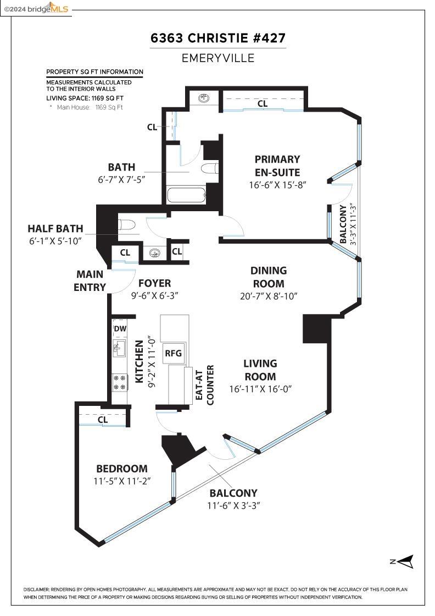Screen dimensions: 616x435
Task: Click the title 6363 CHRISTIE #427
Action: [x=218, y=38]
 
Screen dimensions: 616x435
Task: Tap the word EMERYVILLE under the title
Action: [x=218, y=58]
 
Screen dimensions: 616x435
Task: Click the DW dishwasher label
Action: [x=120, y=329]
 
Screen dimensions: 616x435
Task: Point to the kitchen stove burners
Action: [x=119, y=382]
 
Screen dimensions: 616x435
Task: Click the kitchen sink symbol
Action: [x=119, y=349]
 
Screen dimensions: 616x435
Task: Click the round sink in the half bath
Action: [x=155, y=253]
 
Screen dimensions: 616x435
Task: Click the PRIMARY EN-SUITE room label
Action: [x=277, y=165]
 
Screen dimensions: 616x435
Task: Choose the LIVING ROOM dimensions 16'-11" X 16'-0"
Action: [x=260, y=389]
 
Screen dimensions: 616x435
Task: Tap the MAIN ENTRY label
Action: [x=90, y=280]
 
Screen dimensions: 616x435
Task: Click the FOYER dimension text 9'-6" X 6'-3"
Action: [x=154, y=295]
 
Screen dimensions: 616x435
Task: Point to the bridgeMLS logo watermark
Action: [x=36, y=8]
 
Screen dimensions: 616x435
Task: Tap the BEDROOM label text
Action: [x=121, y=469]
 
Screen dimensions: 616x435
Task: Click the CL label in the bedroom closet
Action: [x=102, y=420]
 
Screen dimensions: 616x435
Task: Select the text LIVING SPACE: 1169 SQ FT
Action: [x=85, y=98]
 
